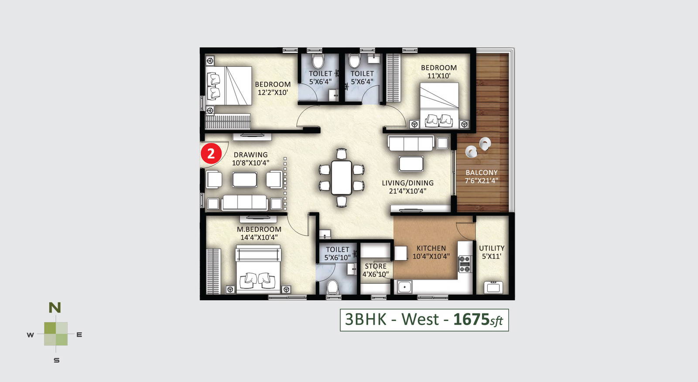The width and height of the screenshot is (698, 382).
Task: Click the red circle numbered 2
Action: (x=211, y=153)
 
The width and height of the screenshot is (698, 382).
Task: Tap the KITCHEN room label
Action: (x=431, y=248)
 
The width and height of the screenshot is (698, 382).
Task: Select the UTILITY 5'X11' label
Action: (x=491, y=252)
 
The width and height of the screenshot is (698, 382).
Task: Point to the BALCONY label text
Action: (x=482, y=172)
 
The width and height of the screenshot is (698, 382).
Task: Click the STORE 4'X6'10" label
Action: (x=376, y=270)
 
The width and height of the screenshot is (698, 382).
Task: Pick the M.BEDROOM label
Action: (x=259, y=229)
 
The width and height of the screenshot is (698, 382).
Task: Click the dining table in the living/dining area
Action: (x=342, y=177)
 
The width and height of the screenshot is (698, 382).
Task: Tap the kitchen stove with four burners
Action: (x=465, y=264)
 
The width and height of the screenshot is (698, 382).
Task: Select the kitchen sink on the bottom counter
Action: (x=404, y=286)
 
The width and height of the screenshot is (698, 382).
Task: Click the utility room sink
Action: (x=493, y=287)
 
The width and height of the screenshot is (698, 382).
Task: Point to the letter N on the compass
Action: (x=55, y=308)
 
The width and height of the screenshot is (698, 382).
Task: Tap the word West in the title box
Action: (x=420, y=319)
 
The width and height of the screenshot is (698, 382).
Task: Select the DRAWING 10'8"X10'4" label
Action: (x=250, y=159)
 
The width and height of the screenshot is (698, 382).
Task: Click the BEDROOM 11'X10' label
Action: (x=439, y=72)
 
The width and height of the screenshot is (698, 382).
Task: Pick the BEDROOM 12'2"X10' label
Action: (x=273, y=88)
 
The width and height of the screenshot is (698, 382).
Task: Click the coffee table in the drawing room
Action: (x=245, y=179)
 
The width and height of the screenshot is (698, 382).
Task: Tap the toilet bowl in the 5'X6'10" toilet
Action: (x=332, y=287)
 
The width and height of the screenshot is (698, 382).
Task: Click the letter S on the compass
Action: (x=56, y=361)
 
